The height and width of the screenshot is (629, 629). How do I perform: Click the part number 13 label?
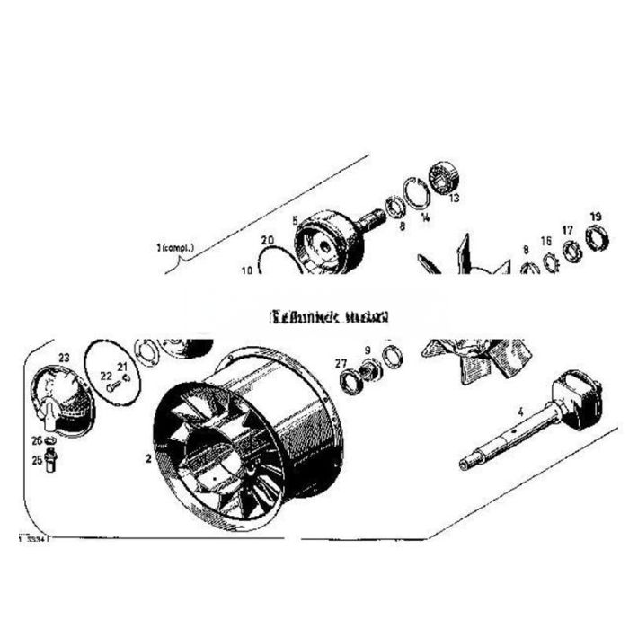(x=454, y=198)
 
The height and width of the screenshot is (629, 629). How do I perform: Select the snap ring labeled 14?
(x=415, y=192)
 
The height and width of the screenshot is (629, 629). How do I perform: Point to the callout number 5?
(x=295, y=218)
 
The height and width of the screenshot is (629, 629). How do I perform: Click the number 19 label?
(x=595, y=217)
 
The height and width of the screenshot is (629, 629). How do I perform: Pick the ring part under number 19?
(x=595, y=239)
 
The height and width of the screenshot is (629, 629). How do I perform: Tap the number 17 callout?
(x=567, y=230)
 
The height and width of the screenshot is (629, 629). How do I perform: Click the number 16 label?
(x=545, y=241)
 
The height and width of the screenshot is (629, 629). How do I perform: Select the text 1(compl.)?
(x=174, y=246)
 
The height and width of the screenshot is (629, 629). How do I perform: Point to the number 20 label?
(x=267, y=240)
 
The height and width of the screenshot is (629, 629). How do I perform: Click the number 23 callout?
(x=64, y=357)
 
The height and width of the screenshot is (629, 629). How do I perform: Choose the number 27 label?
(x=340, y=363)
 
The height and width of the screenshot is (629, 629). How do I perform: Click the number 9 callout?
(x=367, y=350)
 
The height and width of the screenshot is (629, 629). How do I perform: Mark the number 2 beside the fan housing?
(x=146, y=457)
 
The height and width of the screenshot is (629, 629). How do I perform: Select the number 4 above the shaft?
(x=518, y=412)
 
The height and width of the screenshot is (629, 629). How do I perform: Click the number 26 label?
(x=38, y=440)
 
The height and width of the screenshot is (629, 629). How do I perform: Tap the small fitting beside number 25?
(x=51, y=461)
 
